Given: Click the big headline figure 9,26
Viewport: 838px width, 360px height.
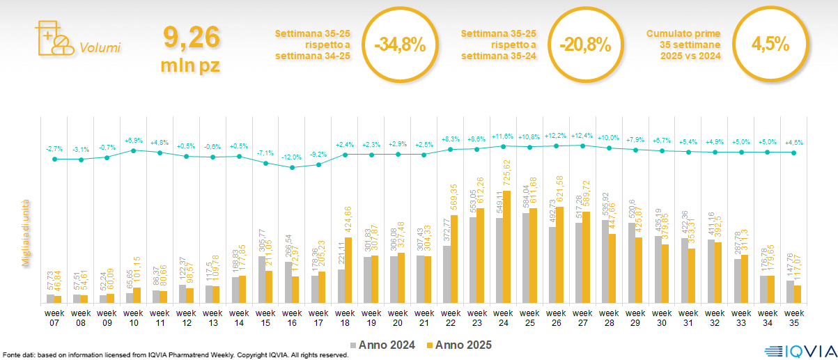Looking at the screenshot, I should pos(190,36).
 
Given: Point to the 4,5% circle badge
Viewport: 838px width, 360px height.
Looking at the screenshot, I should pos(770,45).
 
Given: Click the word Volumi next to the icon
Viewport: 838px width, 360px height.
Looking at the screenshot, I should pos(100,48).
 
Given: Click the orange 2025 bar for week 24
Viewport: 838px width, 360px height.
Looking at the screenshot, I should pos(506,247).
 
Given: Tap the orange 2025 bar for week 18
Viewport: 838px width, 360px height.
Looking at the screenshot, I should pos(348,271).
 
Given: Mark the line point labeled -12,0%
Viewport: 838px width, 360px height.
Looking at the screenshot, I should pos(293,167).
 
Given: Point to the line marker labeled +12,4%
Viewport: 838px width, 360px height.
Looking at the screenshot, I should pos(583,145).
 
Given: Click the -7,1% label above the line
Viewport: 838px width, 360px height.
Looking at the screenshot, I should pos(265,153).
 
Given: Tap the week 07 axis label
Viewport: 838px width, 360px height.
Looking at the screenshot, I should pos(54,318).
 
